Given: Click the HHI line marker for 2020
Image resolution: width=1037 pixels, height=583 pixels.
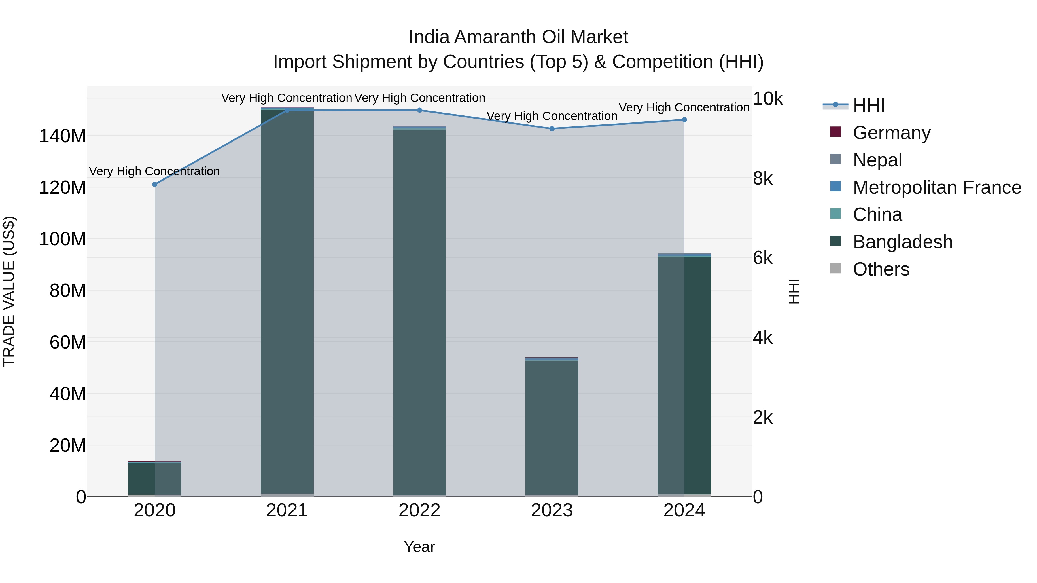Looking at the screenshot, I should point(155,184).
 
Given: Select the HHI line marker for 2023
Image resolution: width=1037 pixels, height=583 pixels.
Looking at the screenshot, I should point(552,129).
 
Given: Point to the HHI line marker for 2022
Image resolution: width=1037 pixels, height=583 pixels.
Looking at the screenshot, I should point(419,110).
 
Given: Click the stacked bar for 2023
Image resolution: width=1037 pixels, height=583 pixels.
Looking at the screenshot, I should point(552,426).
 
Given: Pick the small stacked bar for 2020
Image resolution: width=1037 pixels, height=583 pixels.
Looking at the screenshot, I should point(155,479).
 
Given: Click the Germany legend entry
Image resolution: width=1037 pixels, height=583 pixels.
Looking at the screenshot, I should point(891,133).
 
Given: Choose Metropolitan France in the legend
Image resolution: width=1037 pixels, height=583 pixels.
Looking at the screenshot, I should point(936,187).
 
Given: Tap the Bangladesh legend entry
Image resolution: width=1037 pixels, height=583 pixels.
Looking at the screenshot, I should point(902,242).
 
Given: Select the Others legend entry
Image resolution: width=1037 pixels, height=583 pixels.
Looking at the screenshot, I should point(881,269).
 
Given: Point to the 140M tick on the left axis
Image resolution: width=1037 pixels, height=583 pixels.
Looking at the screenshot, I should point(63,136).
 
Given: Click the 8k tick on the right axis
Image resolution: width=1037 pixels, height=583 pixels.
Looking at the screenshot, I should point(762,178).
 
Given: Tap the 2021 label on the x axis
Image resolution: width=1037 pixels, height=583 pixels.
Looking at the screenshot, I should point(287,510).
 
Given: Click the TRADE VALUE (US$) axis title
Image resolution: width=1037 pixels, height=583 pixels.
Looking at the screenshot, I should point(9,291).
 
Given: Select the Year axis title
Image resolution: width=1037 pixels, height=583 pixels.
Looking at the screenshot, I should point(419,547).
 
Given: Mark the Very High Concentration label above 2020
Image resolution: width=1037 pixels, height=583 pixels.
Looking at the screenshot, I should point(155,171).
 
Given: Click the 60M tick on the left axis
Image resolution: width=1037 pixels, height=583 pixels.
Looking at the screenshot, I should point(68,342).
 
